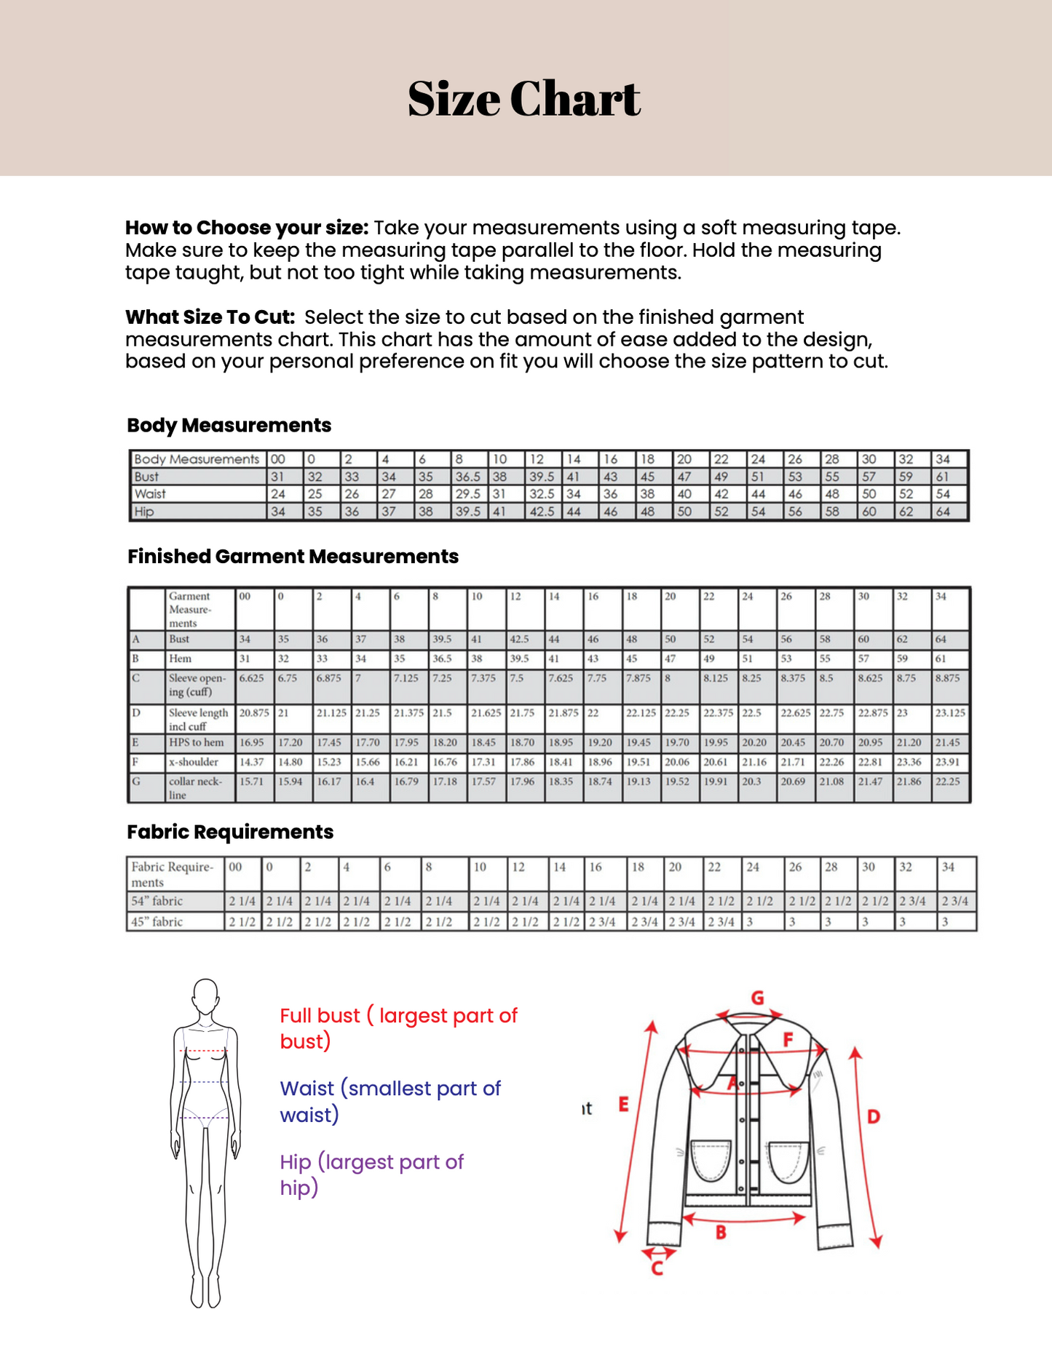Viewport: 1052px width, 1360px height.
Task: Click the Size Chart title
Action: click(523, 99)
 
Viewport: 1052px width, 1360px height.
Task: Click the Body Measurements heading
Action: click(229, 426)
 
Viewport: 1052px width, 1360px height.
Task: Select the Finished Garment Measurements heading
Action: click(293, 557)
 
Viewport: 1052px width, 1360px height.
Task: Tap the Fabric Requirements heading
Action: click(230, 832)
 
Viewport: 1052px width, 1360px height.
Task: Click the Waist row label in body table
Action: click(150, 494)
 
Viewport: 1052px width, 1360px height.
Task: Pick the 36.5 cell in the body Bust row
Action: click(467, 477)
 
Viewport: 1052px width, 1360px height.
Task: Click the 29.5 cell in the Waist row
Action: click(467, 494)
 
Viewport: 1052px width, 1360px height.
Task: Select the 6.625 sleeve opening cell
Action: click(252, 678)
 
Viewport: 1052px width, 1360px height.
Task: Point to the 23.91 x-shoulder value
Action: click(947, 763)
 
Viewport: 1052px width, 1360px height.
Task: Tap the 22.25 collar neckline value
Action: click(948, 782)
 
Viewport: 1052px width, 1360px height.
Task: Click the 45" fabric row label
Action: click(157, 922)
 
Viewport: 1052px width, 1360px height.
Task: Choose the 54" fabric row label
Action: click(157, 902)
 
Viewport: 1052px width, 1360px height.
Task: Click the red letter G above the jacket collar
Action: click(757, 998)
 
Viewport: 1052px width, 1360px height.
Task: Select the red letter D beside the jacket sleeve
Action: click(874, 1116)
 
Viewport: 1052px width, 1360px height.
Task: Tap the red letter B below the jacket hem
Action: click(721, 1233)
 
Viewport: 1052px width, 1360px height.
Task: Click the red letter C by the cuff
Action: click(657, 1269)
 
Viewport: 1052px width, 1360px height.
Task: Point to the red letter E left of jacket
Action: click(623, 1105)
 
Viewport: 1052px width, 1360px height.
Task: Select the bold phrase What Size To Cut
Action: click(210, 318)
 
